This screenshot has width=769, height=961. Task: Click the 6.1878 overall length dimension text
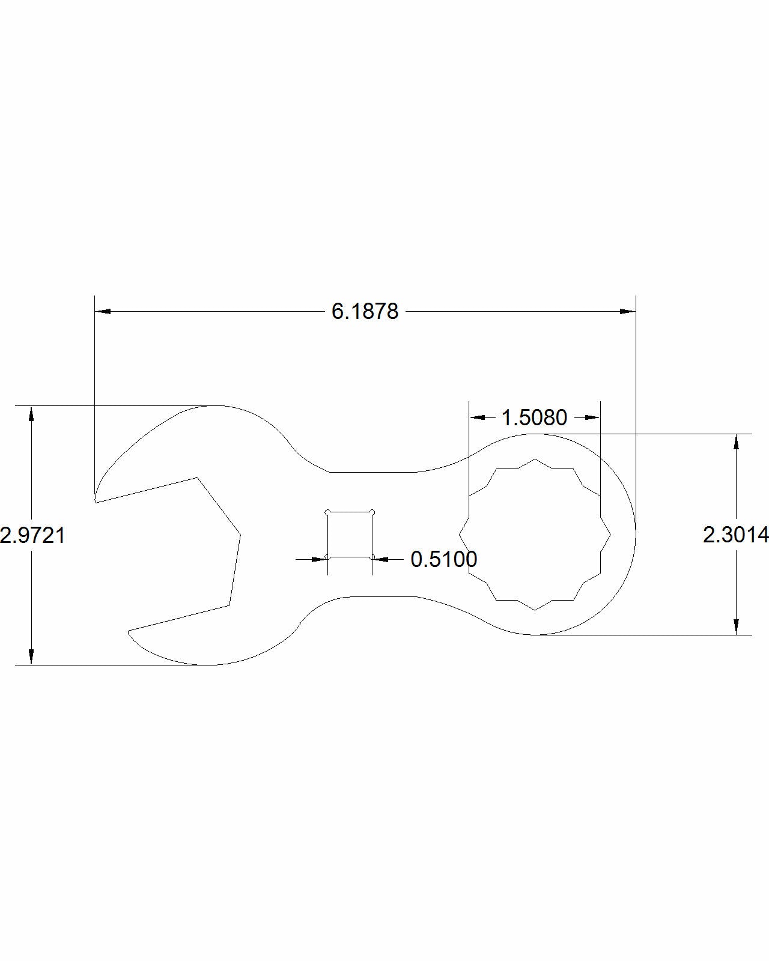365,312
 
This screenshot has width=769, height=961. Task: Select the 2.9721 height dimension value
32,535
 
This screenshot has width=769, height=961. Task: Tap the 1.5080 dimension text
534,417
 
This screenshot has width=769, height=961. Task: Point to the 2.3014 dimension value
736,535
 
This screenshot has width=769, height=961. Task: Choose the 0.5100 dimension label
444,559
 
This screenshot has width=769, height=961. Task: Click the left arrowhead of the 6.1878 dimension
103,312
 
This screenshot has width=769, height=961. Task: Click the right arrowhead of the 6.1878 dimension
628,312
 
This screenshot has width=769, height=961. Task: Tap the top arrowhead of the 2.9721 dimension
31,413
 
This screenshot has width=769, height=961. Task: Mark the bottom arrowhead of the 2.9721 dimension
31,657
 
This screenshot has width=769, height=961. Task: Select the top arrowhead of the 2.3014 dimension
735,441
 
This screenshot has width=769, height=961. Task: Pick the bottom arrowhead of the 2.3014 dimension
735,627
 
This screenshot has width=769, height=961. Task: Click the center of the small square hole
350,535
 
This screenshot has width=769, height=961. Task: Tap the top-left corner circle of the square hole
327,512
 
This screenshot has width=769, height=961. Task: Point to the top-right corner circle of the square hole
372,512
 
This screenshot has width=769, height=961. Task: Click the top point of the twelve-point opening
535,459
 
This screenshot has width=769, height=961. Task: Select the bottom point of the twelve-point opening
535,610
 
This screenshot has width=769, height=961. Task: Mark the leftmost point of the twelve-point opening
460,535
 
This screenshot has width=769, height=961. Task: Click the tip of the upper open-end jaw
96,500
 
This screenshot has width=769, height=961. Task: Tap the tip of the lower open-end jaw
129,632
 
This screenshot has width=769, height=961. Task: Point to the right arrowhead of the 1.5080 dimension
592,417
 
